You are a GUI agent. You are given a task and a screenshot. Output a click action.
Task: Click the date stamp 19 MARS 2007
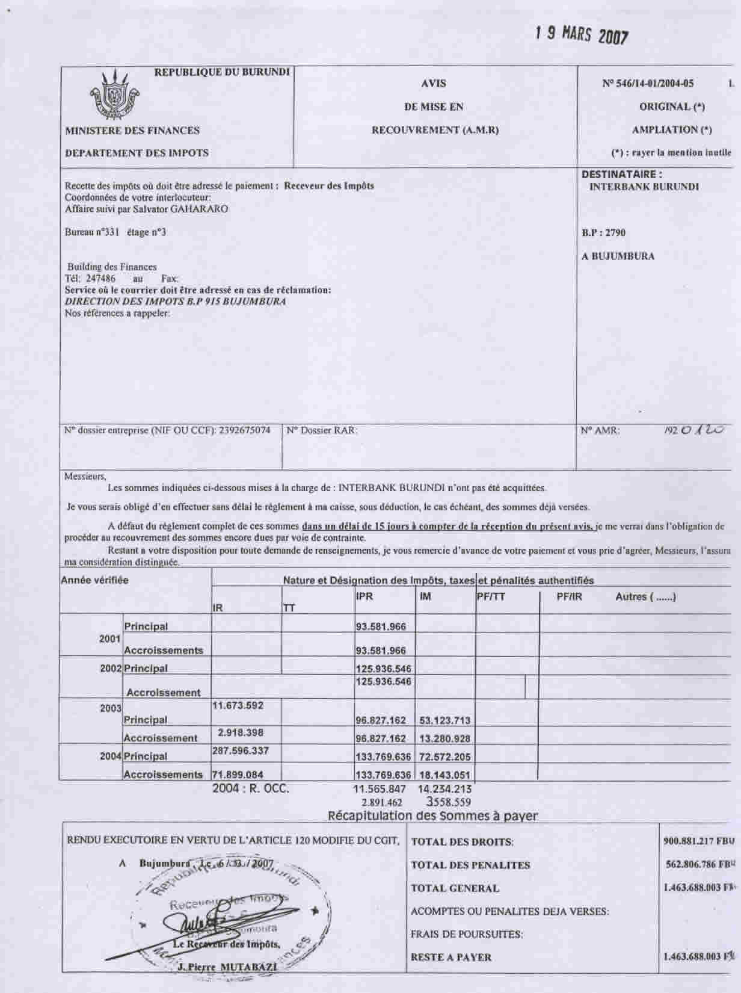click(582, 35)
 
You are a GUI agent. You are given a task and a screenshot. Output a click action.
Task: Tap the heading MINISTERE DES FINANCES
click(132, 130)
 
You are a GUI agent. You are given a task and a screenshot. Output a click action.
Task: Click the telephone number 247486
click(100, 279)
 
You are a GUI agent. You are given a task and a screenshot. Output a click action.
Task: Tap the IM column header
click(425, 596)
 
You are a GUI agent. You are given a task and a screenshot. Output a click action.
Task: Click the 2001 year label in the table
click(109, 639)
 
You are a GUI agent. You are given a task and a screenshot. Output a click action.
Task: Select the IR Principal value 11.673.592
click(238, 705)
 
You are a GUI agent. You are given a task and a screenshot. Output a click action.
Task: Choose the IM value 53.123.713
click(444, 720)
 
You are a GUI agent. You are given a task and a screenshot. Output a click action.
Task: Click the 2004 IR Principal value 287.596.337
click(241, 750)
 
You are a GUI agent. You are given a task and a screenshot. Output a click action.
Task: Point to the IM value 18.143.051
click(444, 775)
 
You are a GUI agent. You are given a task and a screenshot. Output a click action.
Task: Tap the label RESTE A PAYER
click(451, 957)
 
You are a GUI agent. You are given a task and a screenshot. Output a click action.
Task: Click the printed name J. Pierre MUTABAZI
click(220, 967)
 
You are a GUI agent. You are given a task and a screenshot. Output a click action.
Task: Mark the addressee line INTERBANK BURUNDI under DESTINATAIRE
click(644, 187)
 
